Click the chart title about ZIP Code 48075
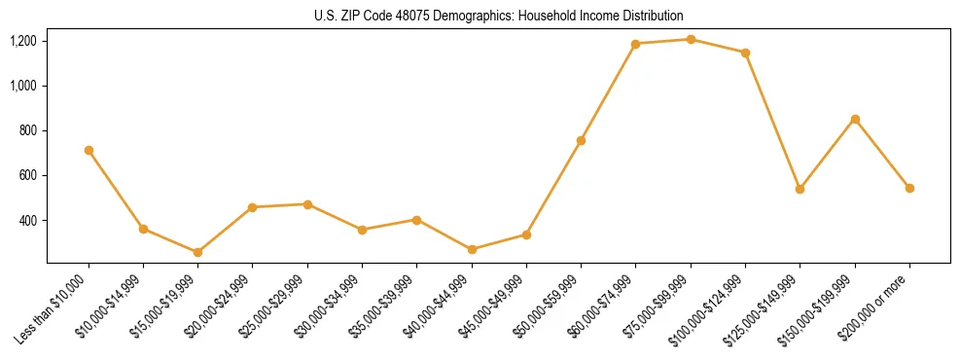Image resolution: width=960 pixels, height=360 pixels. pos(499,16)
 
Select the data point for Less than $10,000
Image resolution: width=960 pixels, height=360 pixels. pos(89,151)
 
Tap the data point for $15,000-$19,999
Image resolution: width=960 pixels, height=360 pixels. pos(198,252)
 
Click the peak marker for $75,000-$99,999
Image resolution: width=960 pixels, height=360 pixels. pos(691,40)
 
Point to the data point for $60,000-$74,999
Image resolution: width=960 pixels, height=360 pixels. pos(635,44)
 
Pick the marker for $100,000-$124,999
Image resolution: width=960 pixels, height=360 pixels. pos(745,53)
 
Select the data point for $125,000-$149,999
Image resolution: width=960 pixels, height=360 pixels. pos(800,189)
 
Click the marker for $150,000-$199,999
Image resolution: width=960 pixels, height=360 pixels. pos(855,119)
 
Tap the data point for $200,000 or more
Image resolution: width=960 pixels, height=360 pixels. pos(909,188)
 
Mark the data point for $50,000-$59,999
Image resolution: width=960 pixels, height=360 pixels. pos(581,140)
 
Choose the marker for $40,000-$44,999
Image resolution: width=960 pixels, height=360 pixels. pos(472,249)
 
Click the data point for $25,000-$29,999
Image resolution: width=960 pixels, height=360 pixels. pos(307,204)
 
